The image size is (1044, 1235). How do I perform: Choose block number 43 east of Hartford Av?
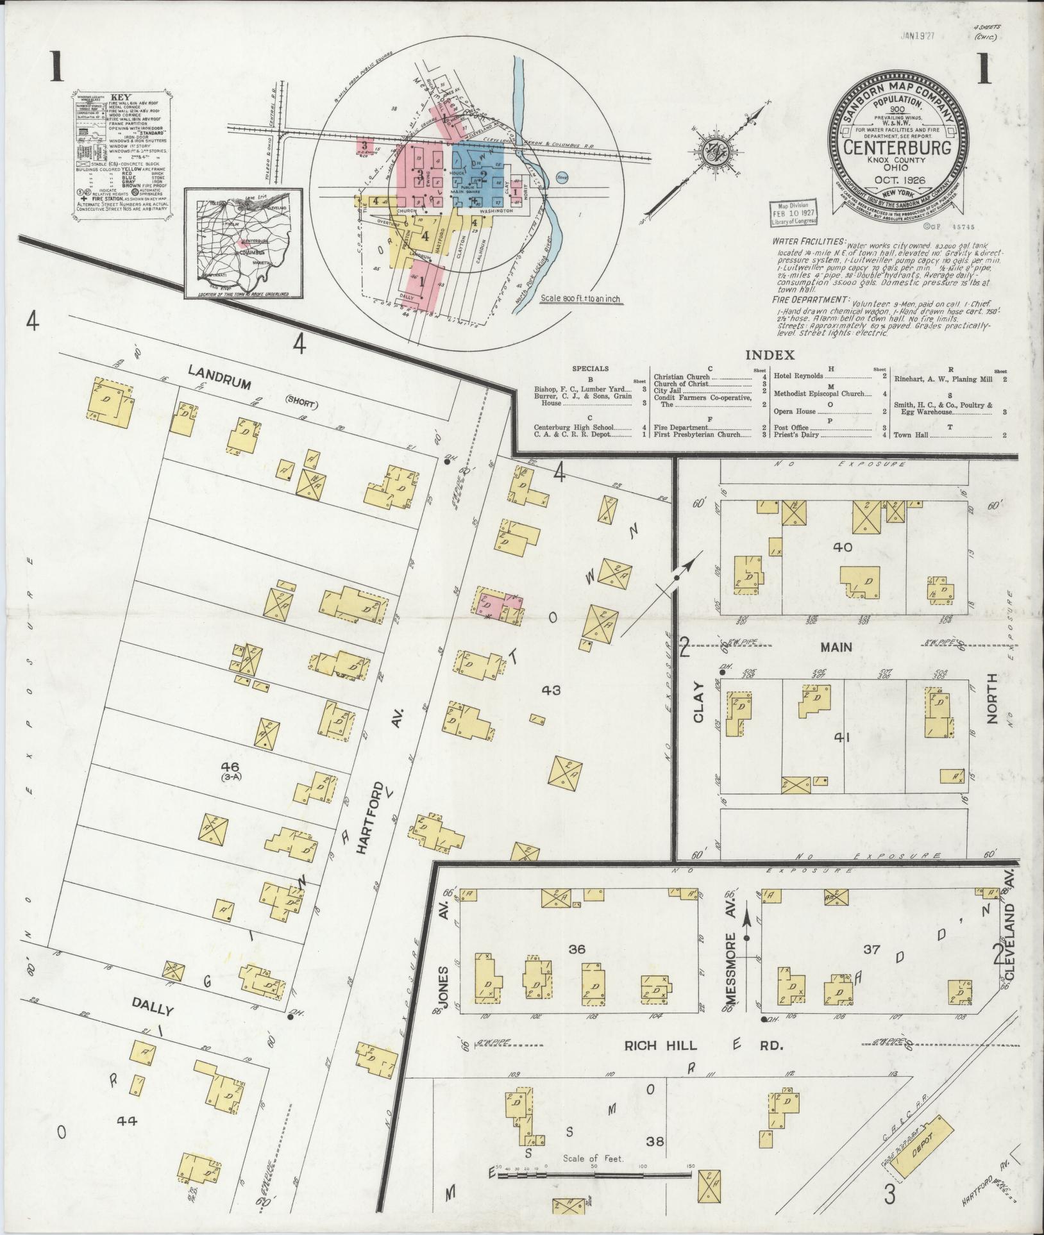551,690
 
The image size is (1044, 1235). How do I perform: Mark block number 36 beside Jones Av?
577,949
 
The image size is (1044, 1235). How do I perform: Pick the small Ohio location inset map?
243,244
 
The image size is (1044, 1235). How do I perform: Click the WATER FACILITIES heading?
809,242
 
